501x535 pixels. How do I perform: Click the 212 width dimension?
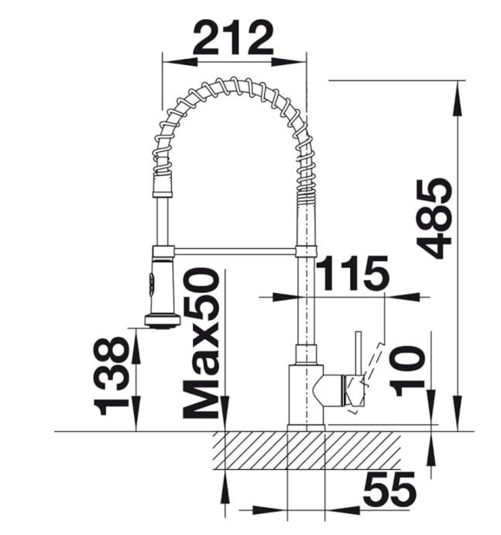[x=233, y=38]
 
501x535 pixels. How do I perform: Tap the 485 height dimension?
[x=434, y=219]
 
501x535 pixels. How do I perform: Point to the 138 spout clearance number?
[x=111, y=376]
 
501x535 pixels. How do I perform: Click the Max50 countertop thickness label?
[x=201, y=343]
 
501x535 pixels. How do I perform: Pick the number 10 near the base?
[x=407, y=371]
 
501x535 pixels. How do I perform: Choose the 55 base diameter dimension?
[x=389, y=489]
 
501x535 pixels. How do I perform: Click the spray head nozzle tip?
[x=163, y=321]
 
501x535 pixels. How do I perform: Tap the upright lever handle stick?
[x=359, y=352]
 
